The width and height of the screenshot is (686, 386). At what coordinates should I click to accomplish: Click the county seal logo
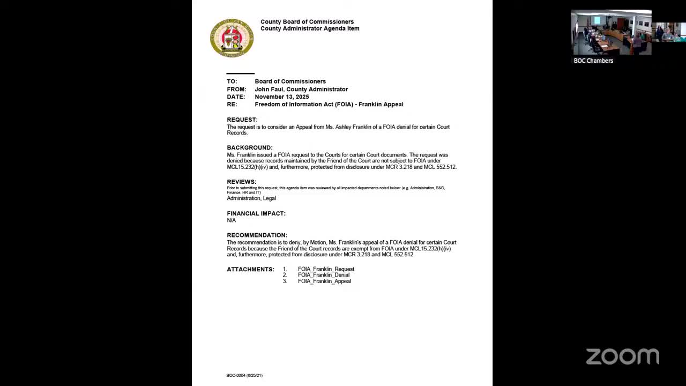click(x=232, y=38)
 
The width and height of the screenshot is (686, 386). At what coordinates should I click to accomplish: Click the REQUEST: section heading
click(x=242, y=120)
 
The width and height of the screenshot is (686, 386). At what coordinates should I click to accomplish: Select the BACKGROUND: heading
click(x=250, y=147)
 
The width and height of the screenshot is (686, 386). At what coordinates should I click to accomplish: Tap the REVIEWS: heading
click(x=242, y=182)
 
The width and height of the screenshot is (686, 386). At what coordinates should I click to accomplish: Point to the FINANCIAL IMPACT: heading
click(x=256, y=213)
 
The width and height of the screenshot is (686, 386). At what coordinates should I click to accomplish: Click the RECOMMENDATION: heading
click(x=257, y=235)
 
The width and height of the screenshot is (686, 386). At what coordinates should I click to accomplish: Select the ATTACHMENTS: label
click(x=250, y=269)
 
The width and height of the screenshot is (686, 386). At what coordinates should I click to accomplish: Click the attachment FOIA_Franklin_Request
click(x=326, y=269)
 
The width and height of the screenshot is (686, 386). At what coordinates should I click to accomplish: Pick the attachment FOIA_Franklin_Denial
click(x=324, y=275)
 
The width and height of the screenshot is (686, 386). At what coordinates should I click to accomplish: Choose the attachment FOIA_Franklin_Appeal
click(x=324, y=281)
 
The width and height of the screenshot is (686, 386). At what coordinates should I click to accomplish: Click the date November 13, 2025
click(x=282, y=96)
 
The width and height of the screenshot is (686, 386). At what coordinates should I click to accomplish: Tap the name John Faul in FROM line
click(x=269, y=89)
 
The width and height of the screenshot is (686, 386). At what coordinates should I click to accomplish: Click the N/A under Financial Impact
click(x=232, y=220)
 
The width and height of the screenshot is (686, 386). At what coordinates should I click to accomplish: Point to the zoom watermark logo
click(x=622, y=356)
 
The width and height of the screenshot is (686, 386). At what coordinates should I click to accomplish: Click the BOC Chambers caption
click(x=593, y=61)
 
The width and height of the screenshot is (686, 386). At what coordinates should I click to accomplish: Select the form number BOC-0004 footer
click(x=244, y=375)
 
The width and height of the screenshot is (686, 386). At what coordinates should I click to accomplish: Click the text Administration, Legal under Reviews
click(x=251, y=198)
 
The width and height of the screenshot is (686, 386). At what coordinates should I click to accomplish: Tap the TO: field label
click(x=232, y=81)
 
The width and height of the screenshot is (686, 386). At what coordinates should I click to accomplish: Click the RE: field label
click(x=232, y=104)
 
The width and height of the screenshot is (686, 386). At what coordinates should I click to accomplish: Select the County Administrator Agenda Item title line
click(x=310, y=28)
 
